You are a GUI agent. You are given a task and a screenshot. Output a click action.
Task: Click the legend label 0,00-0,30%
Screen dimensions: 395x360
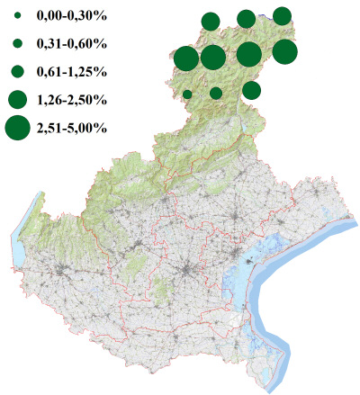(71, 16)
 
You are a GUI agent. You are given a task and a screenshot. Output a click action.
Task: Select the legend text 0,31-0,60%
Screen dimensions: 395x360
(71, 43)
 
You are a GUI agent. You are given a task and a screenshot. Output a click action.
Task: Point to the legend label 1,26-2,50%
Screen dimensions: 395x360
(71, 98)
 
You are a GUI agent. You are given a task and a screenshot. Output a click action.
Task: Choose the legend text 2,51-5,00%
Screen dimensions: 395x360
(71, 128)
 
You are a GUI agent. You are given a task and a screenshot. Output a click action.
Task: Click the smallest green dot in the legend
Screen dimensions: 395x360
(17, 16)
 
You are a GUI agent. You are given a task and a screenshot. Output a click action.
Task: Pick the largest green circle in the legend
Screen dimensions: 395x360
(17, 128)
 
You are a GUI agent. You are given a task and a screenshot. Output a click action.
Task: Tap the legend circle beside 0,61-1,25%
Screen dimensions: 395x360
(17, 70)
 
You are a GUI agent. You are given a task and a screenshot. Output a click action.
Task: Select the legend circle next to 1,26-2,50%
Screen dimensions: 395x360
(17, 98)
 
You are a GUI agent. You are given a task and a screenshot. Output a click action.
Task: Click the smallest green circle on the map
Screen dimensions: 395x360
(187, 94)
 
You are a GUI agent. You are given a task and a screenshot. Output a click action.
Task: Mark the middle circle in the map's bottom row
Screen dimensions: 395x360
(216, 93)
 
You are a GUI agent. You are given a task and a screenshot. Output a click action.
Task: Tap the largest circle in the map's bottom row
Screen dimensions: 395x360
(252, 90)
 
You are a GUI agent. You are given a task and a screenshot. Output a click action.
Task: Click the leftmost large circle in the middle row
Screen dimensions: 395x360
(185, 58)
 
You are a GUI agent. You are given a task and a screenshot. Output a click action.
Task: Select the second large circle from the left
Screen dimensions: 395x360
(213, 58)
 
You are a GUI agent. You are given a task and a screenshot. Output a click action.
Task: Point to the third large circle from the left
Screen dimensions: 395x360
(249, 55)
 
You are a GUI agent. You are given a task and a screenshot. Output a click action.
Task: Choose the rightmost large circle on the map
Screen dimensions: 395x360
(284, 52)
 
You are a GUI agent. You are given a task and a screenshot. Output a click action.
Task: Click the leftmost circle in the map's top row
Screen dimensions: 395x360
(211, 22)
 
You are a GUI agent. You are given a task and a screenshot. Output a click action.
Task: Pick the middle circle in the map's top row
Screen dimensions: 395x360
(246, 19)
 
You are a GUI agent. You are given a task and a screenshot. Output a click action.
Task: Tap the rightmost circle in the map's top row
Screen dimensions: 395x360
(282, 15)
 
